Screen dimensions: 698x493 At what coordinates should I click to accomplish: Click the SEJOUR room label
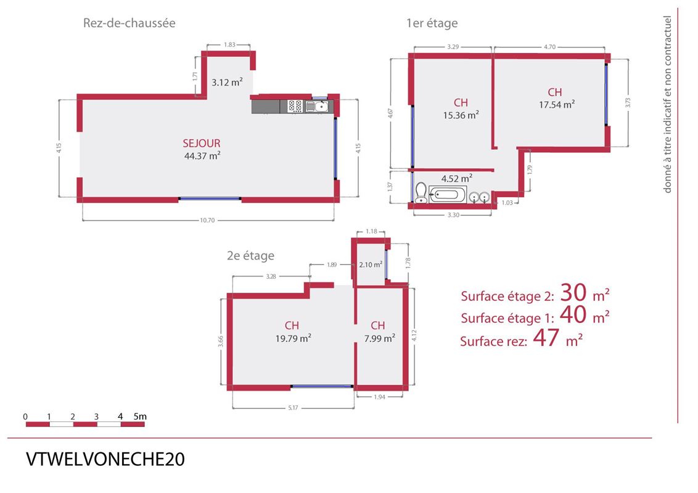click(202, 143)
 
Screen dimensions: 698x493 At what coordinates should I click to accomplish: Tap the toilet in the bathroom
click(421, 193)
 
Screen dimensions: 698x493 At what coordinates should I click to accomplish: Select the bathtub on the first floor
click(448, 195)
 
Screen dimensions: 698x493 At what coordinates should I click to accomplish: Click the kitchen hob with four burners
click(295, 106)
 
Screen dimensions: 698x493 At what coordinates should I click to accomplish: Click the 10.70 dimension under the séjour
click(207, 220)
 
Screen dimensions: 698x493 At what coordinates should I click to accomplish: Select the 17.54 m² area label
click(557, 105)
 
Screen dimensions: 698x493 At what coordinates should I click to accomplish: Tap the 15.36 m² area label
click(461, 115)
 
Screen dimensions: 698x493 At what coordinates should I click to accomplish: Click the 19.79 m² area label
click(293, 338)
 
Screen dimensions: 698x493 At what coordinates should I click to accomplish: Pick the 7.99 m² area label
click(380, 338)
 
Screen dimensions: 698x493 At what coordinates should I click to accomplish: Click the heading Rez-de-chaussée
click(129, 23)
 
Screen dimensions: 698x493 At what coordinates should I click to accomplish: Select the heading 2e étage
click(250, 256)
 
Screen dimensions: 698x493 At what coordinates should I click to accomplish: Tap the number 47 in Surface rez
click(546, 337)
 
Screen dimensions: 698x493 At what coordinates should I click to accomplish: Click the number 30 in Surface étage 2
click(573, 293)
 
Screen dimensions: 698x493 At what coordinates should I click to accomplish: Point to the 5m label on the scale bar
click(140, 417)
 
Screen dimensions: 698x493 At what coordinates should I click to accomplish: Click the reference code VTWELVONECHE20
click(105, 460)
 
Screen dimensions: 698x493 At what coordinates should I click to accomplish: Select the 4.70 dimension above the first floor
click(549, 47)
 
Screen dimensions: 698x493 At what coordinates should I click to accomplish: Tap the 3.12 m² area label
click(227, 83)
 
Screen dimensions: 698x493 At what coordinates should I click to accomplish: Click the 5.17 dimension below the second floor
click(293, 407)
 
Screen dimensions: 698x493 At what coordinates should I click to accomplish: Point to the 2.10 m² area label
click(371, 265)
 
